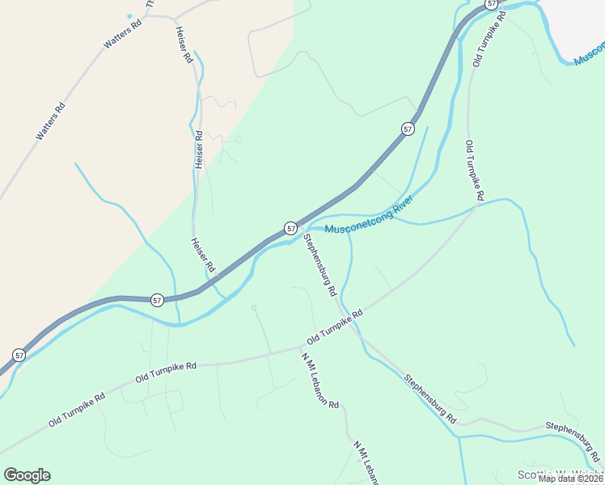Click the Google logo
[x=27, y=475]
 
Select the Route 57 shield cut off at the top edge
[x=492, y=4]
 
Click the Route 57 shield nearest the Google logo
[x=18, y=355]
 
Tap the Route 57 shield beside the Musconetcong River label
[x=290, y=229]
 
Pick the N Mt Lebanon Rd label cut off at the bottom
[x=366, y=462]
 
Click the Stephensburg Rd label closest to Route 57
[x=319, y=265]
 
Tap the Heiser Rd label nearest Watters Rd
[x=183, y=44]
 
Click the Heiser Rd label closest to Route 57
[x=203, y=255]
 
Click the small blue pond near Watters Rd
[x=129, y=16]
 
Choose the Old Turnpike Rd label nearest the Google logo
[x=77, y=411]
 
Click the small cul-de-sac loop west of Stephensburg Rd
[x=253, y=307]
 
